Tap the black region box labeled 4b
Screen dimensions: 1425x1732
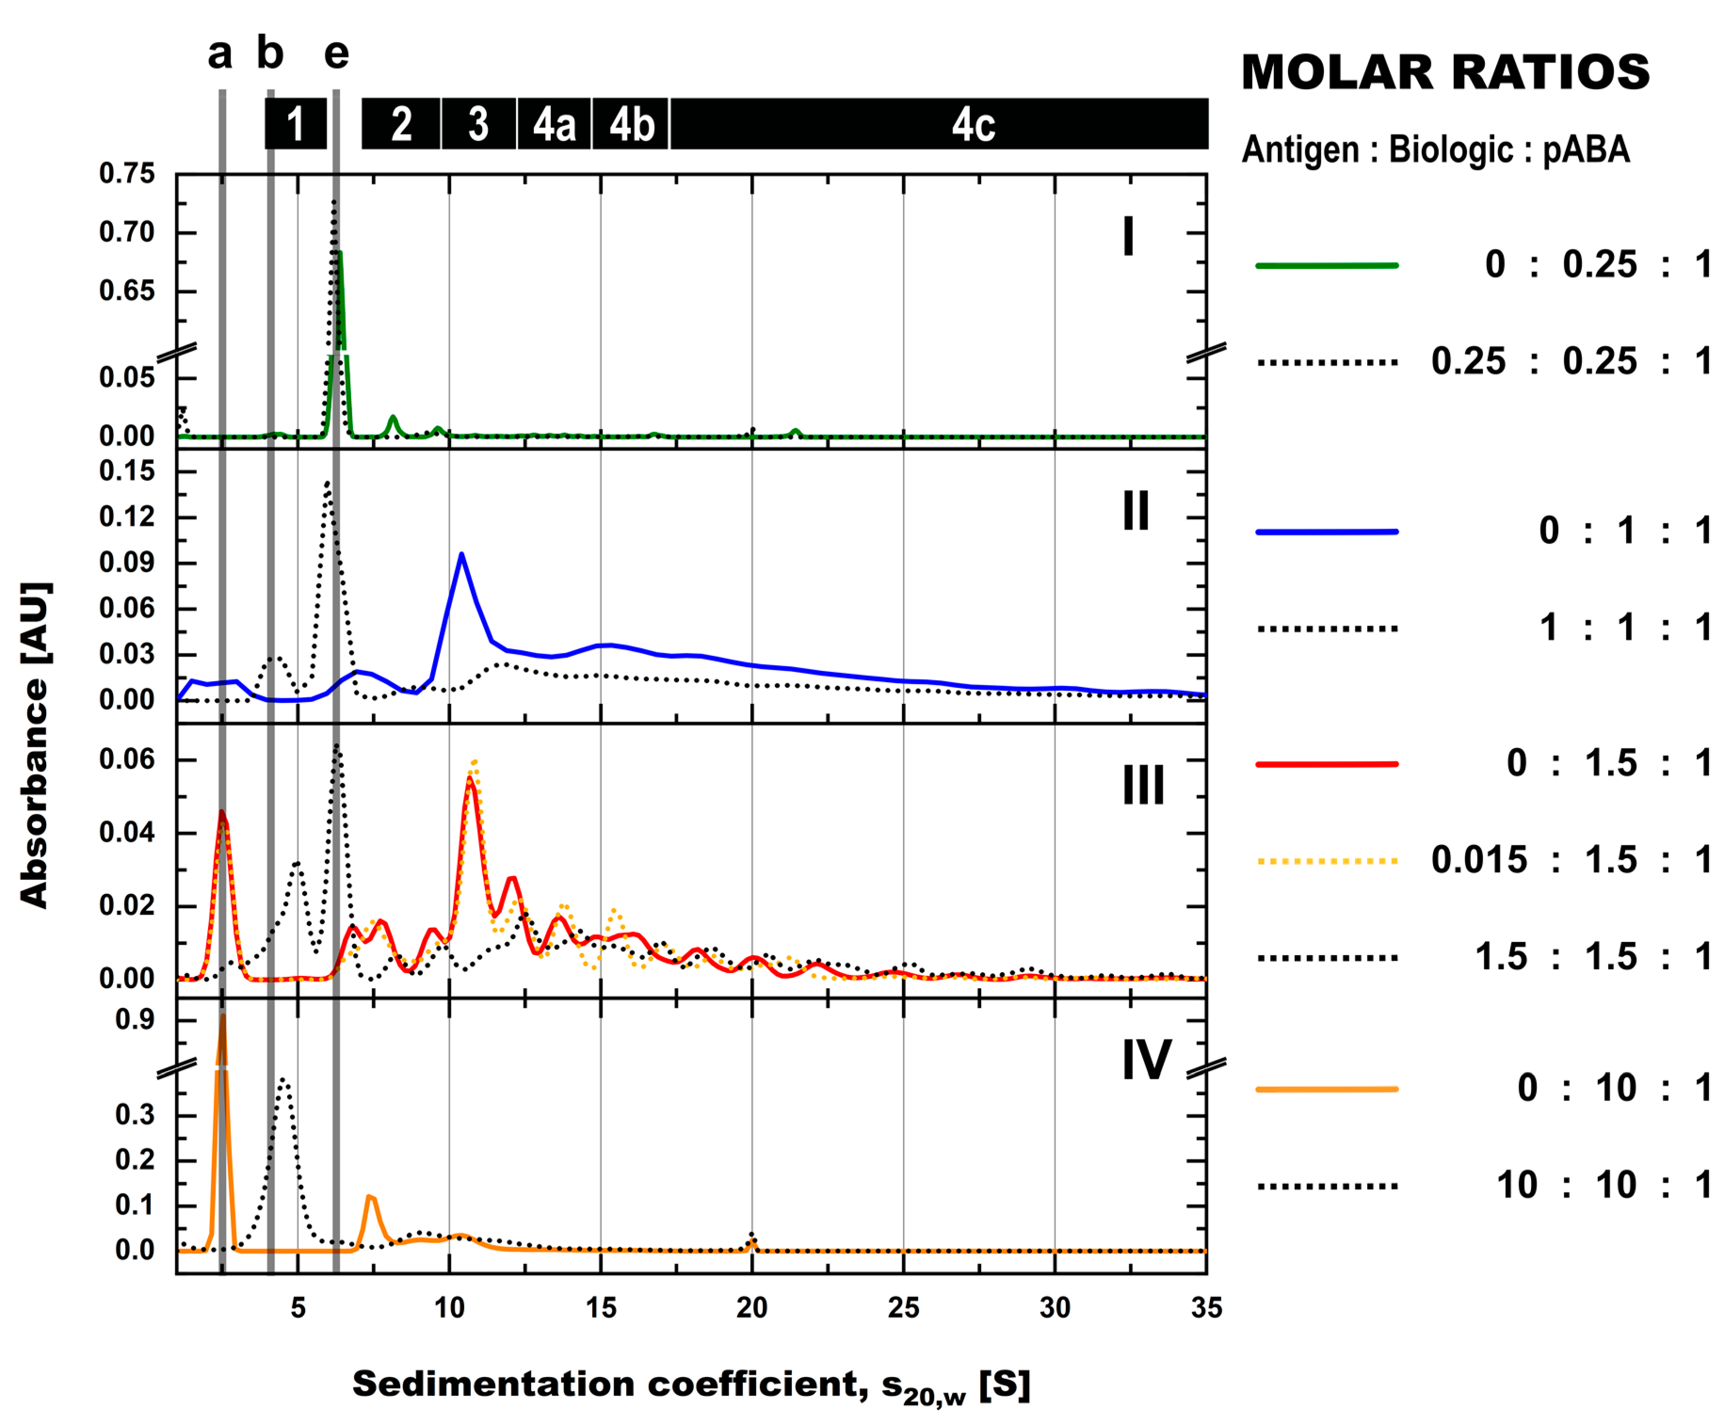click(630, 124)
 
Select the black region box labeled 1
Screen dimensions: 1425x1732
click(296, 124)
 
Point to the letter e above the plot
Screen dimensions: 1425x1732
click(337, 54)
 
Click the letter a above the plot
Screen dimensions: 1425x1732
click(220, 54)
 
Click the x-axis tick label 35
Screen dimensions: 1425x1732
click(1206, 1308)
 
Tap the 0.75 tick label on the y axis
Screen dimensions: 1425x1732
click(127, 174)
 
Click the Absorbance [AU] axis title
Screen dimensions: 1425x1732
click(34, 745)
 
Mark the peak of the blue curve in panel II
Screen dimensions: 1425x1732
click(461, 555)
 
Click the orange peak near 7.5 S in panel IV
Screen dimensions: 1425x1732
click(370, 1197)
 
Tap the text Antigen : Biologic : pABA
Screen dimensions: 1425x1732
click(1435, 150)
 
